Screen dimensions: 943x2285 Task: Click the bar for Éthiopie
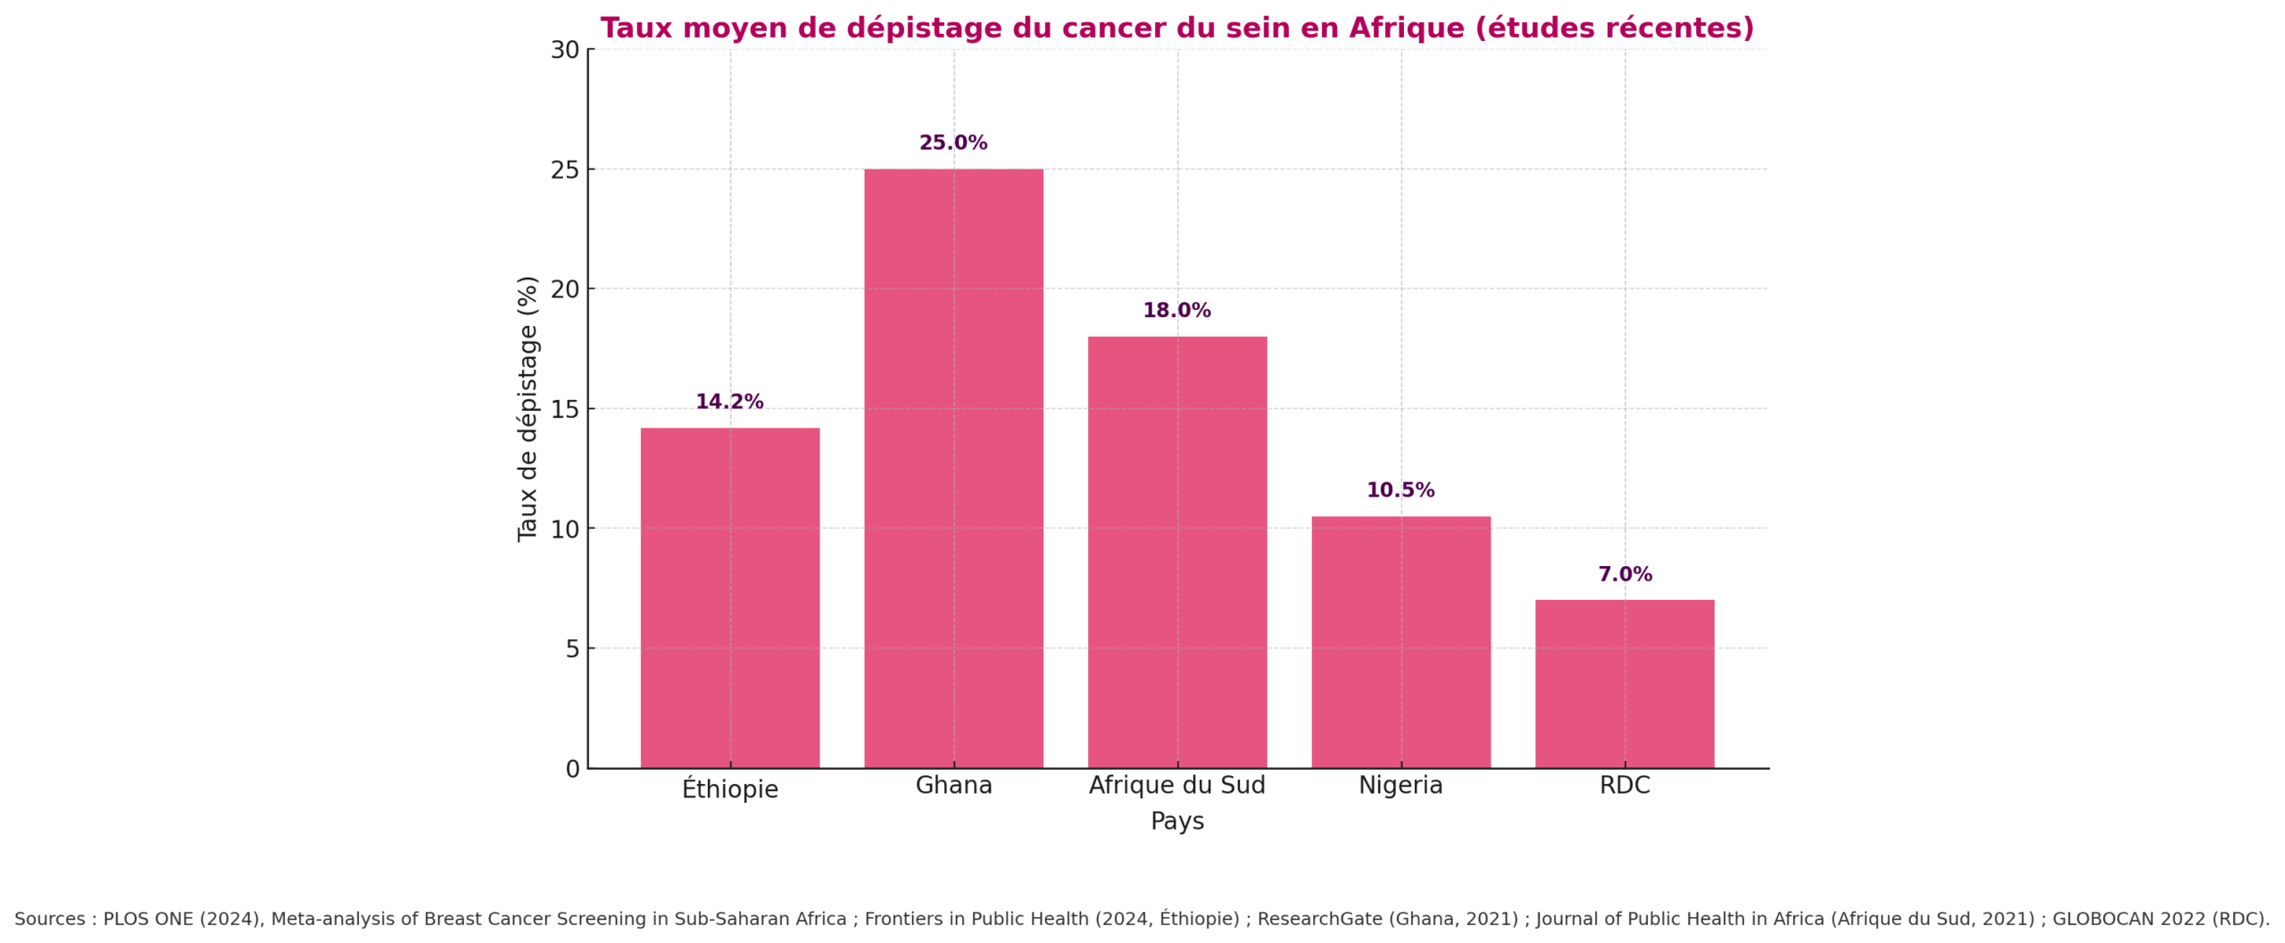point(729,597)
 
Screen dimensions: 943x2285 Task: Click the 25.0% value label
point(953,143)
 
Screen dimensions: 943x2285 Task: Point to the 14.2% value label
point(729,402)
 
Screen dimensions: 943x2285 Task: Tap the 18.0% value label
point(1176,311)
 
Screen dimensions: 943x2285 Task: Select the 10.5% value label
point(1400,490)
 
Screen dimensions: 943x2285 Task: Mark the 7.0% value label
point(1624,574)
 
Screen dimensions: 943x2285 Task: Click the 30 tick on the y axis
point(565,50)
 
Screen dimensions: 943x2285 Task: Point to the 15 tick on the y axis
point(565,409)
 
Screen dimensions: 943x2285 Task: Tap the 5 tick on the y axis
point(572,649)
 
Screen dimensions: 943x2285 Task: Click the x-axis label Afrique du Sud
point(1176,785)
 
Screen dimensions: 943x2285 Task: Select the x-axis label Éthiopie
point(729,789)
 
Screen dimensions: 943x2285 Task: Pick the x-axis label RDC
point(1624,785)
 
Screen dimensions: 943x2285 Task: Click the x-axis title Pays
point(1176,821)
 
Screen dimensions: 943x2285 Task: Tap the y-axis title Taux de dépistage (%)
point(528,408)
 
